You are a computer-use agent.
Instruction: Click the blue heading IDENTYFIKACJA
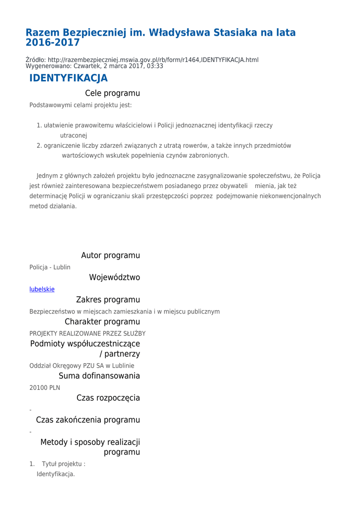coord(68,78)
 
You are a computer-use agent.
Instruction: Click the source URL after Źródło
coord(153,60)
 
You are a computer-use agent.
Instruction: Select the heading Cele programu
coord(112,93)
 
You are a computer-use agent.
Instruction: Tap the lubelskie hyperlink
coord(42,289)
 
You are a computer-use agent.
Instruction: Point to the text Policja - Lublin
coord(50,267)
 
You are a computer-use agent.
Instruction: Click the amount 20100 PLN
coord(45,388)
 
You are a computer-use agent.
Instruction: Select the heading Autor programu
coord(110,255)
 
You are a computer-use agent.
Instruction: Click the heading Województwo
coord(114,277)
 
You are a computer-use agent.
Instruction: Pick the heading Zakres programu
coord(108,300)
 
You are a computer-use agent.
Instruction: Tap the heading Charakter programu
coord(102,321)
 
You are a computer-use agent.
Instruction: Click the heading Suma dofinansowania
coord(99,376)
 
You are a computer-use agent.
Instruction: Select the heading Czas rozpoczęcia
coord(108,398)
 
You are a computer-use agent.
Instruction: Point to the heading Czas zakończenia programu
coord(88,420)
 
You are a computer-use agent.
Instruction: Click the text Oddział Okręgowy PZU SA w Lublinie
coord(81,366)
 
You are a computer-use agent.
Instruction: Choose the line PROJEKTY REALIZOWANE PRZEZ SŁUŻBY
coord(87,333)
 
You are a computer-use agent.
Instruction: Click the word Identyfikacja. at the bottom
coord(56,474)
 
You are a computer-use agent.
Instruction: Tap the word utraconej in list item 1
coord(73,135)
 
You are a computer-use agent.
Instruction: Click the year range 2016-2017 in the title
coord(53,43)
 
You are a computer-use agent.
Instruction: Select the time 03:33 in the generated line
coord(155,66)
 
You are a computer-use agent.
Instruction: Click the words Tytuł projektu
coord(63,464)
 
